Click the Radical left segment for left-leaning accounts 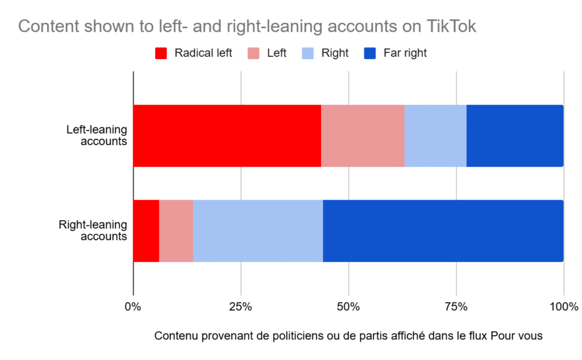(x=227, y=135)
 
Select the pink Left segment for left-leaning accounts (x=363, y=135)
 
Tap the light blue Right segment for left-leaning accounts (x=435, y=135)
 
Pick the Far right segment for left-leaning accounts (x=514, y=135)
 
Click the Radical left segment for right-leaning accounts (x=146, y=231)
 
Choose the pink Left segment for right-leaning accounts (x=176, y=231)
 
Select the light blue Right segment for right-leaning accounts (x=258, y=231)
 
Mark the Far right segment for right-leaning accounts (x=443, y=231)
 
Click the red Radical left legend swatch (x=161, y=53)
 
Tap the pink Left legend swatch (x=253, y=53)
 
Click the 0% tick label (x=133, y=307)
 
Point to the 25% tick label (x=240, y=307)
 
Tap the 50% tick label (x=348, y=307)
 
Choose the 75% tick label (x=456, y=307)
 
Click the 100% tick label (x=563, y=307)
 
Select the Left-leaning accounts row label (x=97, y=135)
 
